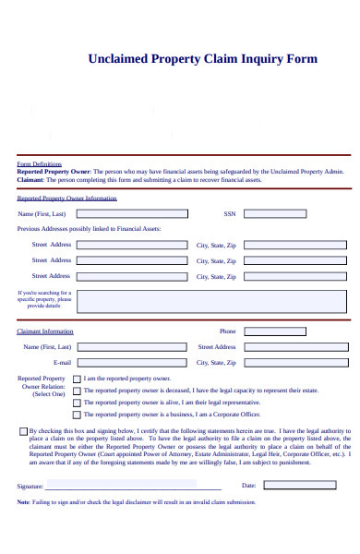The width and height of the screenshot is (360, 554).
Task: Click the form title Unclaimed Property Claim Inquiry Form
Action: tap(202, 58)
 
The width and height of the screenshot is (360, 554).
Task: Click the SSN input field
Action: tap(296, 213)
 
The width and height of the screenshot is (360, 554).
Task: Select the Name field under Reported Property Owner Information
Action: tap(132, 213)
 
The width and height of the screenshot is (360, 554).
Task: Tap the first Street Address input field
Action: tap(132, 245)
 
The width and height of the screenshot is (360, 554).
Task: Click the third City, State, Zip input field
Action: tap(296, 276)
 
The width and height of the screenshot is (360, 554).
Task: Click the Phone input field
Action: tap(296, 331)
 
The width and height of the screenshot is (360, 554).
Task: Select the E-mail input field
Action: tap(132, 363)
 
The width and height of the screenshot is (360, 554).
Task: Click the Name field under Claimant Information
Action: tap(132, 347)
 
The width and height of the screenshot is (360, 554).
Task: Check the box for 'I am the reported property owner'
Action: tap(77, 379)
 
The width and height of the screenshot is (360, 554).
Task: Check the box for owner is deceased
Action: tap(77, 391)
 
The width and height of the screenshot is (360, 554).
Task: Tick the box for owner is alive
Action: tap(77, 403)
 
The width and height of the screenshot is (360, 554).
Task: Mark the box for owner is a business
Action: tap(77, 415)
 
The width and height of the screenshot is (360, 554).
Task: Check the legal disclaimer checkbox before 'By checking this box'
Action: tap(23, 430)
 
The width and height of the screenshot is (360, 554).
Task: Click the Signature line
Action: tap(133, 484)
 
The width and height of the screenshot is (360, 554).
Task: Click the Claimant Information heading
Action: tap(45, 331)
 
